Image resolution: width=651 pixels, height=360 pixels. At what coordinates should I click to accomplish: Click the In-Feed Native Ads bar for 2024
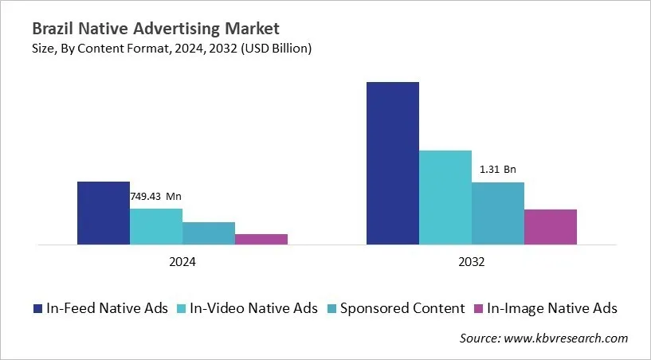[x=103, y=213]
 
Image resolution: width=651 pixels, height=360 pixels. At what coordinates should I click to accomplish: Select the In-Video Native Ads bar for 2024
[x=155, y=226]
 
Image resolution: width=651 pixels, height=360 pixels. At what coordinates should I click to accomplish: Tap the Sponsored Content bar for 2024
[x=209, y=233]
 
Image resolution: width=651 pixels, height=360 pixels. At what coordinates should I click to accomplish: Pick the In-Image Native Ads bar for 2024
[x=261, y=239]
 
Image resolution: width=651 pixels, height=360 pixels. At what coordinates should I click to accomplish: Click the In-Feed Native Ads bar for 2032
[x=392, y=162]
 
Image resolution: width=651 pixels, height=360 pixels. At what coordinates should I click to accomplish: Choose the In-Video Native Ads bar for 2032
[x=445, y=197]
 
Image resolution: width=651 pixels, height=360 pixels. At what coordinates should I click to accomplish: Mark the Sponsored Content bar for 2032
[x=498, y=213]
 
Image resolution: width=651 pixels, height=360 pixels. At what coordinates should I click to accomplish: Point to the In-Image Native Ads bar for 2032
[x=551, y=226]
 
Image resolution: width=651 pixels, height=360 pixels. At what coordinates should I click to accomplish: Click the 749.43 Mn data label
[x=156, y=197]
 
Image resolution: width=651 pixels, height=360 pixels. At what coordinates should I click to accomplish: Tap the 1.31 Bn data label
[x=498, y=170]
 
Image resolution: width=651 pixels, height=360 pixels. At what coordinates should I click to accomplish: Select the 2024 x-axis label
[x=182, y=261]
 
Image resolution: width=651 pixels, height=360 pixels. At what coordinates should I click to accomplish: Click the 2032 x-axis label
[x=471, y=261]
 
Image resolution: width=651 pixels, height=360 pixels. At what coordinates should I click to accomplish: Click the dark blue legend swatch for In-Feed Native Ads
[x=37, y=308]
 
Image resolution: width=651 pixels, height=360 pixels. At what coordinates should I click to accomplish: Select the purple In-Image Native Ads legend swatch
[x=478, y=308]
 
